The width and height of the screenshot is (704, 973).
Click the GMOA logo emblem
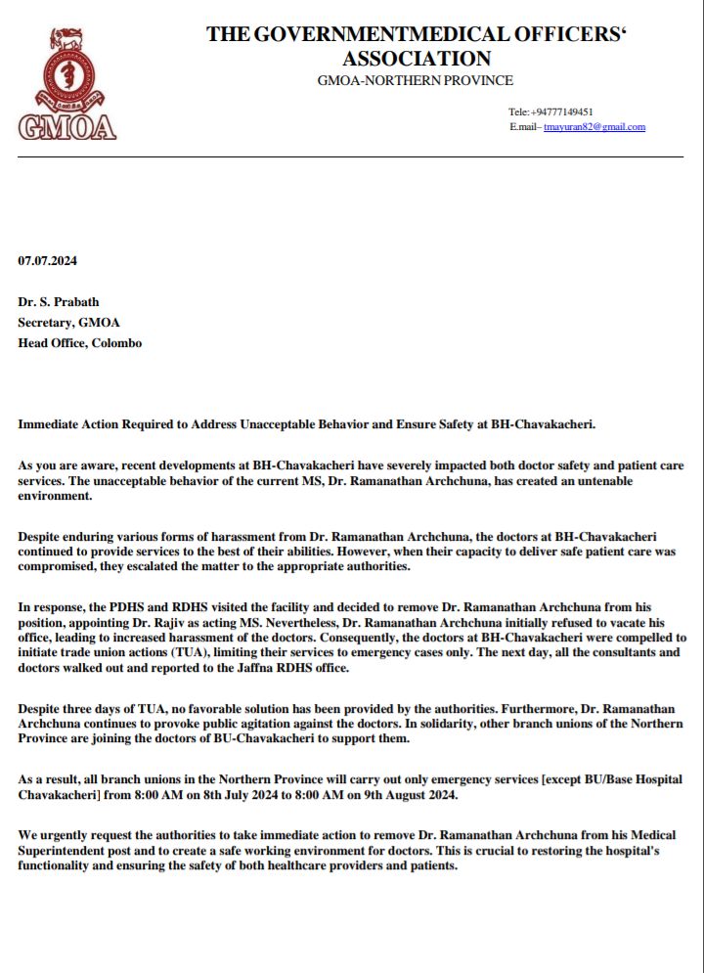point(66,84)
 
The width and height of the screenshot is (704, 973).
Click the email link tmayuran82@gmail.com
point(594,128)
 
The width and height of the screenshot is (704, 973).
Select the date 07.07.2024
point(48,261)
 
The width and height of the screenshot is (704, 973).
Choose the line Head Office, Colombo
point(80,343)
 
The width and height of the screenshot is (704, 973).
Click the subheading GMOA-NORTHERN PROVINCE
point(416,81)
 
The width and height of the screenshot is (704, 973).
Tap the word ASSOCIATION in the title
point(416,59)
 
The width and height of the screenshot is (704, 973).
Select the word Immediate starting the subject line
point(50,425)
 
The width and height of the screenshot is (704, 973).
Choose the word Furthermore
point(529,707)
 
